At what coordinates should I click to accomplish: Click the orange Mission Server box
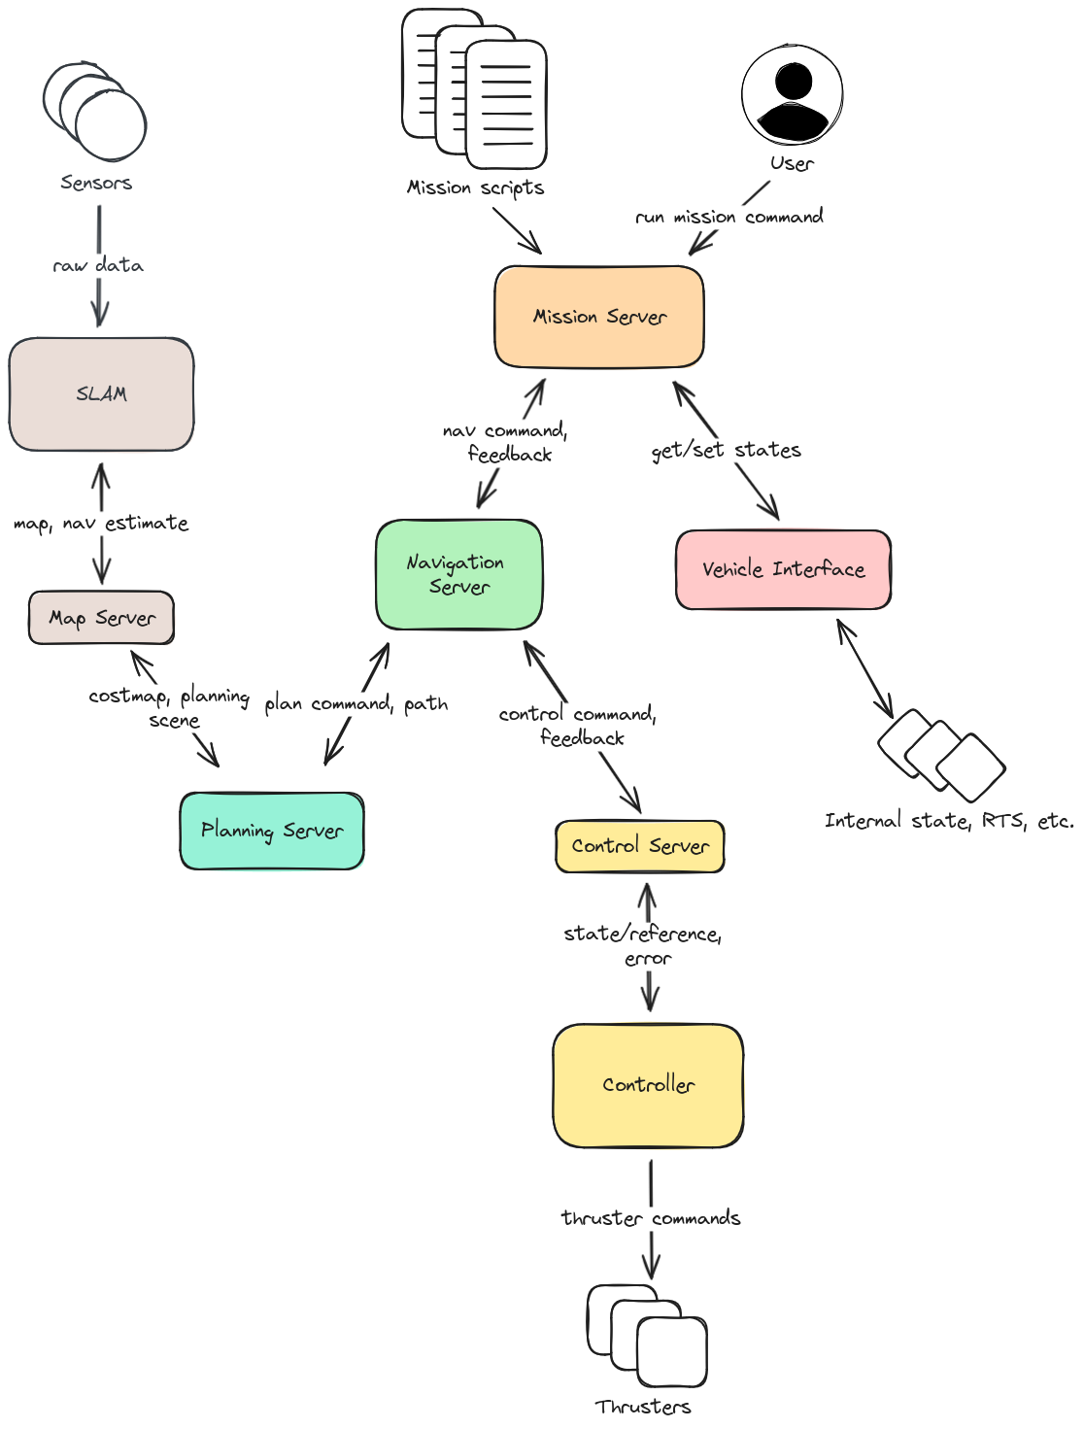coord(598,317)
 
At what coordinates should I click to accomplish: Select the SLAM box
coord(101,394)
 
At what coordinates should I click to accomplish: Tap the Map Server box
coord(102,618)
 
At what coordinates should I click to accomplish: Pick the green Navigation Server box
coord(458,574)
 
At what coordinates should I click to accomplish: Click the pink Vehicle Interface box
coord(783,569)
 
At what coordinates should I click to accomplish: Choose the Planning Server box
coord(272,831)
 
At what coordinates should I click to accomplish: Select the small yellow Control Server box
coord(640,846)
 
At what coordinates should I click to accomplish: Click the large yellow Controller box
coord(648,1085)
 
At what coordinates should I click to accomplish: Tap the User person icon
coord(793,95)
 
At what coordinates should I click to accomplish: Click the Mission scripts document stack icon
coord(475,89)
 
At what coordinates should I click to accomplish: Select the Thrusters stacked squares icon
coord(647,1336)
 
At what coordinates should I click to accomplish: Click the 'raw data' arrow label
coord(99,265)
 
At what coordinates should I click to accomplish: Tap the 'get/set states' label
coord(727,450)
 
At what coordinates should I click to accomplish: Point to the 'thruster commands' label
coord(651,1218)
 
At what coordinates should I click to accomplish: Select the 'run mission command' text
coord(729,217)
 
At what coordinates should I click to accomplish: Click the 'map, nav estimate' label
coord(101,524)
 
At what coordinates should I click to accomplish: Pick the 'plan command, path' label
coord(356,703)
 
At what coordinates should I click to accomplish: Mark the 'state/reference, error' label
coord(643,945)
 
